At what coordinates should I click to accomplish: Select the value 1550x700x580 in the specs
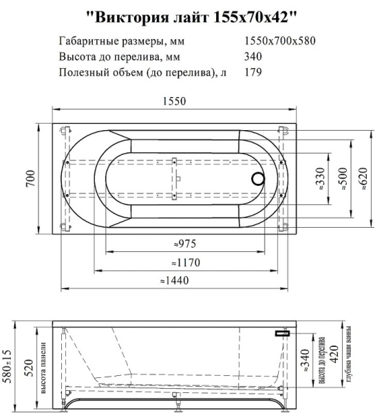(x=280, y=41)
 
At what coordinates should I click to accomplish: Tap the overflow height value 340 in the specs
(x=254, y=56)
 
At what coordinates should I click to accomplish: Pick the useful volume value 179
(x=254, y=71)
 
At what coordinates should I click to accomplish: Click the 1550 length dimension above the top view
(x=174, y=101)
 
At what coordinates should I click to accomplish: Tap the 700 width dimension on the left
(x=30, y=178)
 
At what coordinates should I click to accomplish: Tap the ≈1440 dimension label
(x=174, y=280)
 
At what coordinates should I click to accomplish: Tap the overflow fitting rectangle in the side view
(x=282, y=333)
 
